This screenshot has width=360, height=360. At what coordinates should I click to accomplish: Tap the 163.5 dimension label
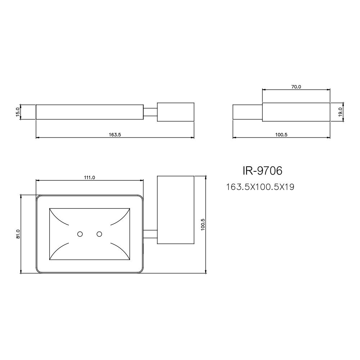point(114,135)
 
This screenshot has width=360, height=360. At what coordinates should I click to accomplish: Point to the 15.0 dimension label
point(18,112)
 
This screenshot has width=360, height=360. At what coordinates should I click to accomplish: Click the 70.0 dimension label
point(296,87)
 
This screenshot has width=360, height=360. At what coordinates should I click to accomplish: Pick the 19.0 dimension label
point(339,112)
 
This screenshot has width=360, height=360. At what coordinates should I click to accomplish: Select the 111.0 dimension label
point(89,177)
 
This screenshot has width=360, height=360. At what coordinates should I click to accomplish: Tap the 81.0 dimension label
point(18,234)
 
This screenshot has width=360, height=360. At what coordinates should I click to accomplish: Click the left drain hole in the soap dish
point(80,234)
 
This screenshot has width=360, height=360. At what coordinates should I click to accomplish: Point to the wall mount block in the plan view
point(176,210)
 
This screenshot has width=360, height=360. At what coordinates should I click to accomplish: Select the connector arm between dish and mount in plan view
point(150,234)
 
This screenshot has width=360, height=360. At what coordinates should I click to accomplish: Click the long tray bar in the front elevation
point(89,112)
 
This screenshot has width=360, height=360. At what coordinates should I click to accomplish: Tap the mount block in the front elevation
point(176,112)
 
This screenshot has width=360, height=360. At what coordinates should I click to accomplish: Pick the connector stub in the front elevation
point(150,112)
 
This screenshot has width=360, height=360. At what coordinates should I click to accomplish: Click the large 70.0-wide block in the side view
point(296,112)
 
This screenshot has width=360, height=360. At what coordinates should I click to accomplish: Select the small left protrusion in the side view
point(247,112)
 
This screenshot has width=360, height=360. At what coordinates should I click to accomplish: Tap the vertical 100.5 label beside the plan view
point(203,224)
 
